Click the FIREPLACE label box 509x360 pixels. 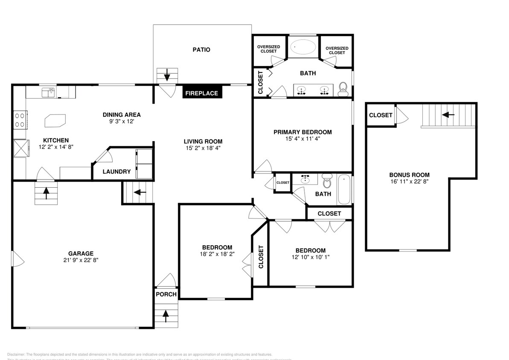pos(202,93)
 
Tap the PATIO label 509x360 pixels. pos(201,50)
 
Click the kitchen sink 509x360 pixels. pos(48,92)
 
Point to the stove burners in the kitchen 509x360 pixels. pos(20,119)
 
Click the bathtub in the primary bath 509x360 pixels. pos(303,46)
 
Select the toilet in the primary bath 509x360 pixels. pos(343,89)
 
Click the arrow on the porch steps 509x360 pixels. pos(165,316)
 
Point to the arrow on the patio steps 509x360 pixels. pos(167,76)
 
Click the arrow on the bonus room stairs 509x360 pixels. pos(447,115)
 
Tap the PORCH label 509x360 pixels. pos(166,294)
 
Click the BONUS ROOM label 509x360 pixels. pos(409,175)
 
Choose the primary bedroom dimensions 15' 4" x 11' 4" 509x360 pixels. pos(302,139)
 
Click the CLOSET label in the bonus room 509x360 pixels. pos(381,115)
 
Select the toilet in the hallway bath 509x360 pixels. pos(327,182)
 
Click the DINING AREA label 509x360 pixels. pos(122,114)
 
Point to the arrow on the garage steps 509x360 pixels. pos(46,193)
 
